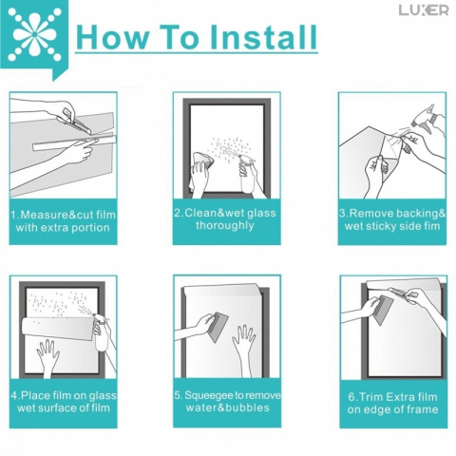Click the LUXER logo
tap(424, 10)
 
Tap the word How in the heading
tap(112, 37)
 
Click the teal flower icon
tap(34, 36)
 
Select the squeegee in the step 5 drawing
tap(218, 326)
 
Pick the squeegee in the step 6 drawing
tap(382, 310)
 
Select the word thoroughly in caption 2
tap(225, 225)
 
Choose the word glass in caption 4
tap(103, 396)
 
